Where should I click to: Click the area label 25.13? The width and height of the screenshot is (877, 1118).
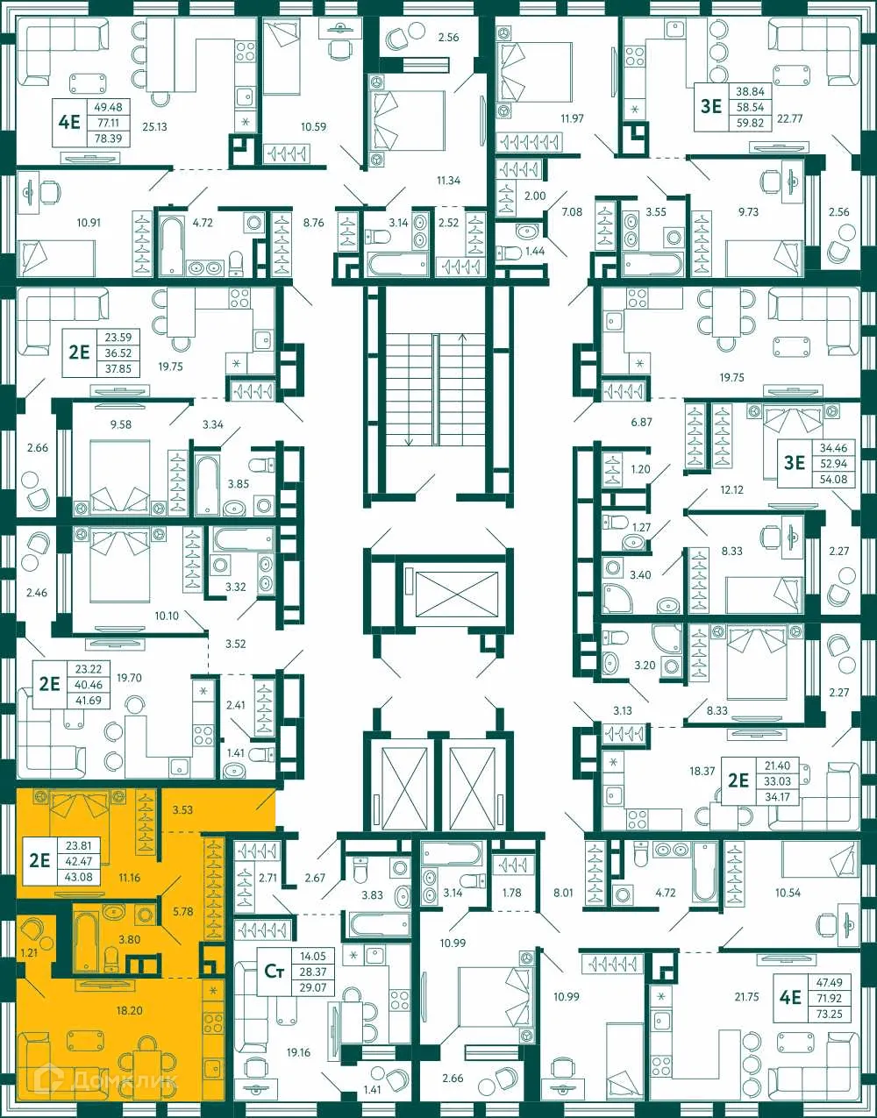click(153, 126)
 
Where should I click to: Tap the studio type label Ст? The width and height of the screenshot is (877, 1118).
click(274, 971)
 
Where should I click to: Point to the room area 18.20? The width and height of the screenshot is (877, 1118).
click(129, 1010)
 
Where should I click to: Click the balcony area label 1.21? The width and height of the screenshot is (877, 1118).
click(29, 951)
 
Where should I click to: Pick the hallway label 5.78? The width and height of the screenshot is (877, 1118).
click(182, 912)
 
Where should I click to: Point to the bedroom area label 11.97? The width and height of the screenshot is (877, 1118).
click(572, 117)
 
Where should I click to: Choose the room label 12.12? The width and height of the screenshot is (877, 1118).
click(731, 489)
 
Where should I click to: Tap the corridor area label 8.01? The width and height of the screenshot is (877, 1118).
click(563, 893)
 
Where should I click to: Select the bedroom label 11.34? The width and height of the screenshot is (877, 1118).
click(448, 180)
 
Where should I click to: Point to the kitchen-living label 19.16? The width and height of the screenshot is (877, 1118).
click(298, 1052)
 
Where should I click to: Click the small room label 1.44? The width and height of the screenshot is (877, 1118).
click(535, 251)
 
